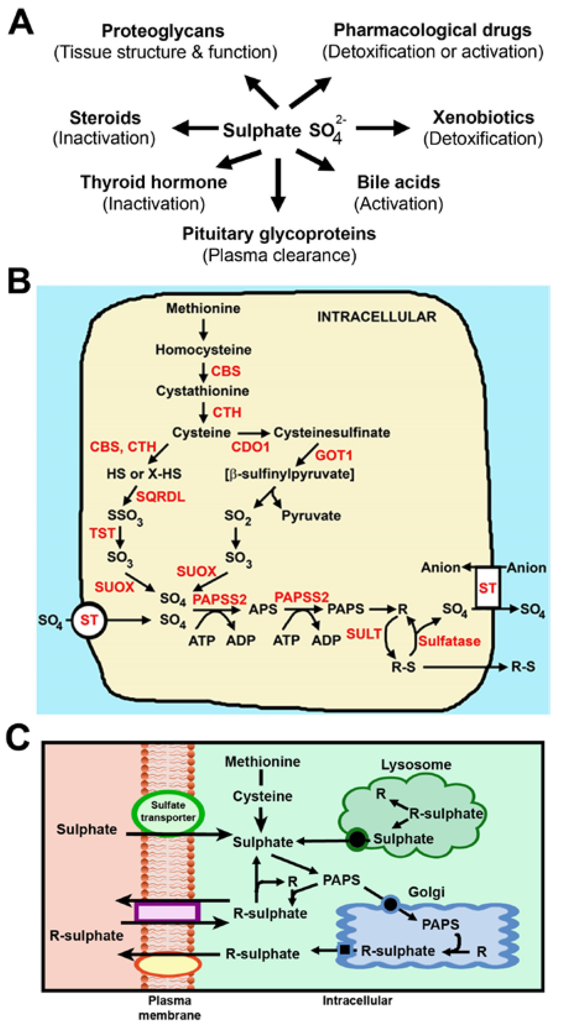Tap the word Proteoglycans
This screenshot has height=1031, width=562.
coord(163,31)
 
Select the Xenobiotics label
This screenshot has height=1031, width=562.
coord(483,117)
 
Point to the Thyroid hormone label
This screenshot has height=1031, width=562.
coord(154,182)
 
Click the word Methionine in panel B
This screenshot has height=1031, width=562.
coord(203,308)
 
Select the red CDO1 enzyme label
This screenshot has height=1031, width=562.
coord(250,447)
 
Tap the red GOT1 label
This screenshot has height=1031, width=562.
coord(334,455)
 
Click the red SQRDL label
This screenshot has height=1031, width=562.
coord(160,497)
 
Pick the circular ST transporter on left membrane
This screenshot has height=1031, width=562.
coord(88,620)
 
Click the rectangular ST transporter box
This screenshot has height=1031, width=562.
coord(487,588)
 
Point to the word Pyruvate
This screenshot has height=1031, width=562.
coord(311,515)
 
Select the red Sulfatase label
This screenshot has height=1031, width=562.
coord(449,641)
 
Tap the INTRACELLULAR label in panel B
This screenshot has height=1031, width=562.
coord(376,317)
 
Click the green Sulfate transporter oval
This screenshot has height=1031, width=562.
coord(168,811)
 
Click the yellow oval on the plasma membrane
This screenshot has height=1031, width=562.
coord(168,965)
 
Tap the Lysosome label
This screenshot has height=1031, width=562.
coord(416,764)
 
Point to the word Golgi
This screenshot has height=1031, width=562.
coord(426,892)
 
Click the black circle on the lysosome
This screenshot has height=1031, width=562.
coord(357,839)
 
